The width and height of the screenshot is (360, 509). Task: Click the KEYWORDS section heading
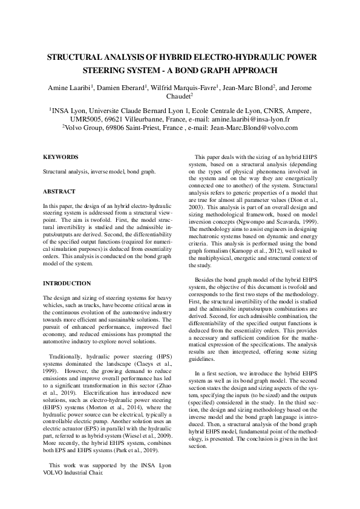[x=61, y=158]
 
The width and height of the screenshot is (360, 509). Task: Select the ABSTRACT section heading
[x=59, y=191]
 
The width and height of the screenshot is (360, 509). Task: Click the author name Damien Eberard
[x=123, y=88]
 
